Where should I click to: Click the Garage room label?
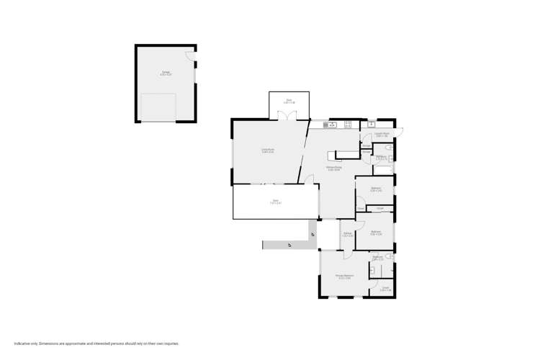point(166,73)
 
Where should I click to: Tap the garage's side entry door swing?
point(190,56)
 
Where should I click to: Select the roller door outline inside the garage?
point(158,107)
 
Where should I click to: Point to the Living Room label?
point(268,151)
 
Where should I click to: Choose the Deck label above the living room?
point(289,102)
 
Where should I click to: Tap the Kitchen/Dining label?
point(334,168)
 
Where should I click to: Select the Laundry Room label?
point(382,135)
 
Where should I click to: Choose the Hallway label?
point(347,235)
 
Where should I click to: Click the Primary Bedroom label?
point(343,276)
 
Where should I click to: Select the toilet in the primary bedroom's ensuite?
point(389,256)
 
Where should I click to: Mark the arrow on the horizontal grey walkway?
point(289,246)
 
